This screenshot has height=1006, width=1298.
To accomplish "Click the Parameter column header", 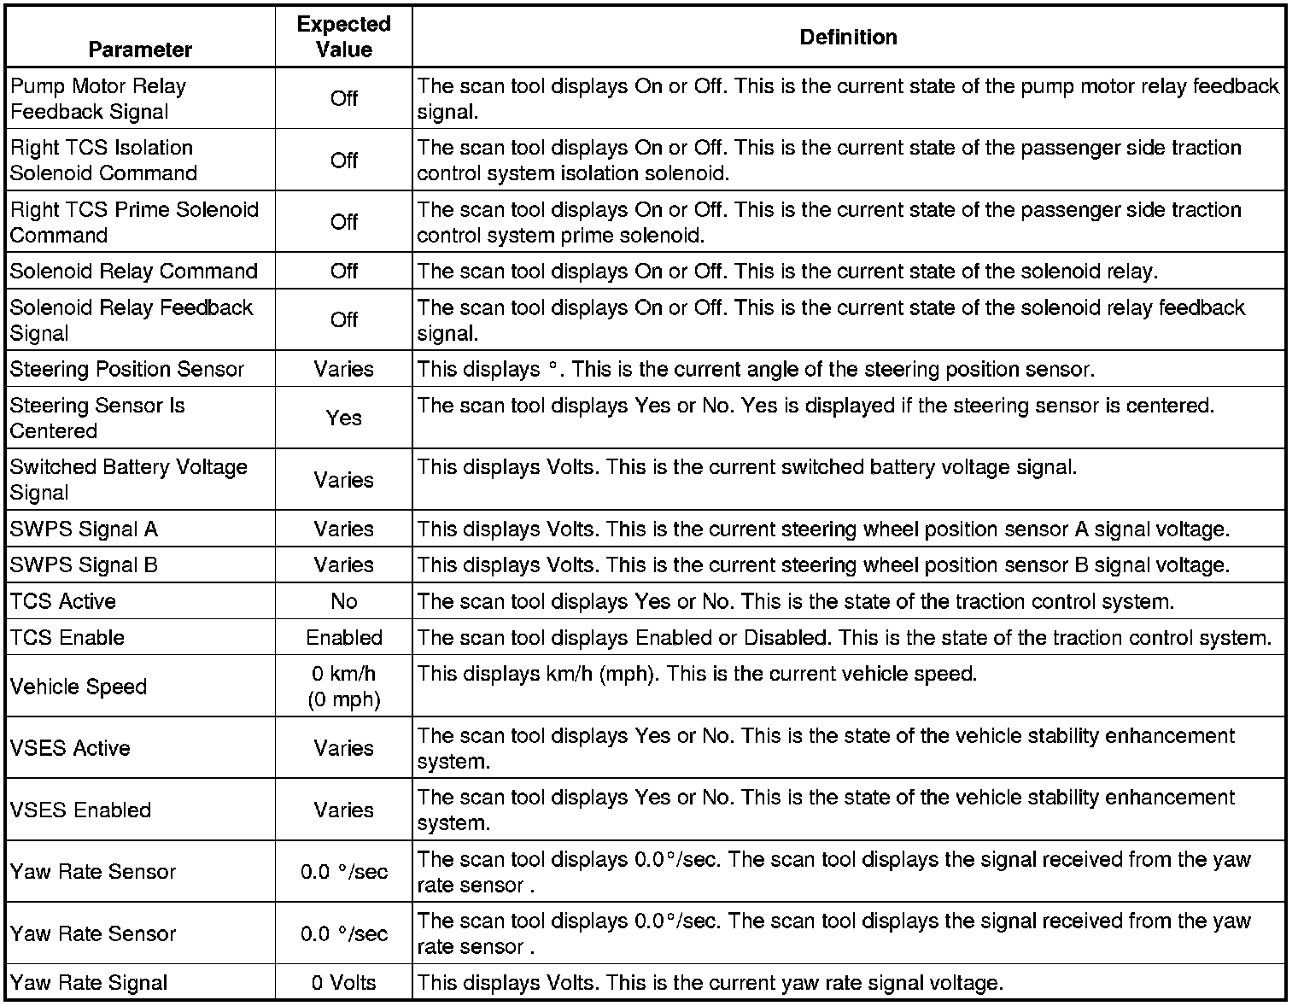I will [140, 50].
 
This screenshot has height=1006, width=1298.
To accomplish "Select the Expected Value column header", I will [343, 37].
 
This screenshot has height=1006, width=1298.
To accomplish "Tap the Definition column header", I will [848, 37].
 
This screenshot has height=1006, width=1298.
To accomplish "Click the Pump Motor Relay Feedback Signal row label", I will [97, 98].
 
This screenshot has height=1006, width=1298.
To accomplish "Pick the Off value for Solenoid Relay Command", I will [343, 271].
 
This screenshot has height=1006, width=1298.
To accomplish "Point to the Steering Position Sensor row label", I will [127, 369].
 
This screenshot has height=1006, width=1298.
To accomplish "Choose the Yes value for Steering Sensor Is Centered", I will [343, 418].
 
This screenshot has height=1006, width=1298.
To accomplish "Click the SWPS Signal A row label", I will [84, 529].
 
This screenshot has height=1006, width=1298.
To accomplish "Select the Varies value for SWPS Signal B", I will [343, 564].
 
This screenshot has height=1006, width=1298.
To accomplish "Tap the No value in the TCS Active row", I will [343, 601].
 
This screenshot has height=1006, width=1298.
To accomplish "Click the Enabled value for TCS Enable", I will [343, 637].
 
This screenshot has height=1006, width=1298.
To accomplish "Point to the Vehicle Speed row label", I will [79, 687].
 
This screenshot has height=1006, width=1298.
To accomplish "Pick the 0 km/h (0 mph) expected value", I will [343, 687].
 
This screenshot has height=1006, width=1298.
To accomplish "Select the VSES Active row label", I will [70, 748].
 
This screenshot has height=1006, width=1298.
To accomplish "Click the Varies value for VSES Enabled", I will [343, 810].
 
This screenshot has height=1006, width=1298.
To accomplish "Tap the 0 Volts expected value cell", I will [343, 983].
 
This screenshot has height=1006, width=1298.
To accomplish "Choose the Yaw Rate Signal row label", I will [89, 983].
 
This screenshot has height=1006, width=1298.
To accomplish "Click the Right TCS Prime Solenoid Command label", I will [134, 222].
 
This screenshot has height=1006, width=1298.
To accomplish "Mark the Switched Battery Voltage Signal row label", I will [128, 479].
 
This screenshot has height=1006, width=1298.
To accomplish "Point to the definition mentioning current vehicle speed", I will [697, 674].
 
